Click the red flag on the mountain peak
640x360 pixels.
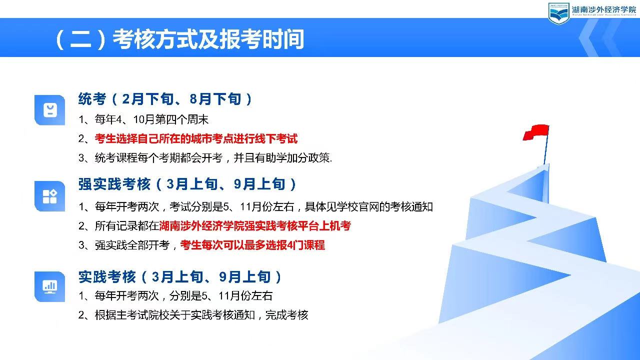tap(536, 132)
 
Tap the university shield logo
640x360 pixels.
tap(558, 13)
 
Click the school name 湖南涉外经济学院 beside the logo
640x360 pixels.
tap(603, 10)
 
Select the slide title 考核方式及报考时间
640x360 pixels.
tap(208, 39)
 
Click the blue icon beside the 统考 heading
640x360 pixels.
tap(49, 110)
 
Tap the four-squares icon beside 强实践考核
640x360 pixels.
tap(49, 196)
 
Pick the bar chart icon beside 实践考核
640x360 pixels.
tap(49, 286)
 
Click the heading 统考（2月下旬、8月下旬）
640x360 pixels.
tap(165, 99)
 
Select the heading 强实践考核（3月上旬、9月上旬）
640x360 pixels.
tap(187, 184)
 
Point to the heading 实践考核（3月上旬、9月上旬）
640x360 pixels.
tap(180, 276)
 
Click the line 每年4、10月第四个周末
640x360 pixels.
tap(143, 119)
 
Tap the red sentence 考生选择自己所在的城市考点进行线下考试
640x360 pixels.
tap(196, 138)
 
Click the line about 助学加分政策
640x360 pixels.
tap(205, 157)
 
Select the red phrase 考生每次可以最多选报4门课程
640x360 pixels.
tap(252, 245)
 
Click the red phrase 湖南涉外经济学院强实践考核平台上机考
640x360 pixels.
tap(255, 225)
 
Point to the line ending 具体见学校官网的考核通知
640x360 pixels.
tap(255, 206)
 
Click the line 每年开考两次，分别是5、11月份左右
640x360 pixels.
tap(175, 295)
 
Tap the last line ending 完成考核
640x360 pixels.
tap(193, 315)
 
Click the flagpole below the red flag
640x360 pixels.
tap(546, 150)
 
